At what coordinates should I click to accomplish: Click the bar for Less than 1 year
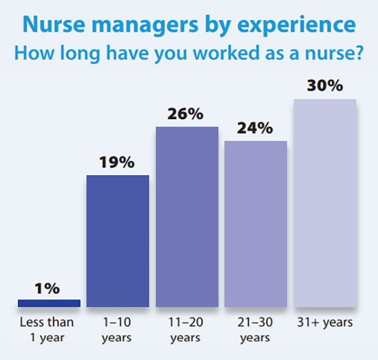point(49,303)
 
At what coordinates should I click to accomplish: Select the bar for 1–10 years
point(118,240)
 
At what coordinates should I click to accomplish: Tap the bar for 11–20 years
point(187,216)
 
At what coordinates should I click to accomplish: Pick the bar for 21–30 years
point(256,224)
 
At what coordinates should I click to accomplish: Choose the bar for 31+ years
point(325,203)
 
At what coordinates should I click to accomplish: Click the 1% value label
point(49,289)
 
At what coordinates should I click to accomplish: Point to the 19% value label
point(118,163)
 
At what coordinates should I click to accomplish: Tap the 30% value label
point(325,87)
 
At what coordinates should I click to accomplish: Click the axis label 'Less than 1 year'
point(47,329)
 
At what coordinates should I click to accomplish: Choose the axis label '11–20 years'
point(187,329)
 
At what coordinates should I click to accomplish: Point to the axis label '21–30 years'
point(256,329)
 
